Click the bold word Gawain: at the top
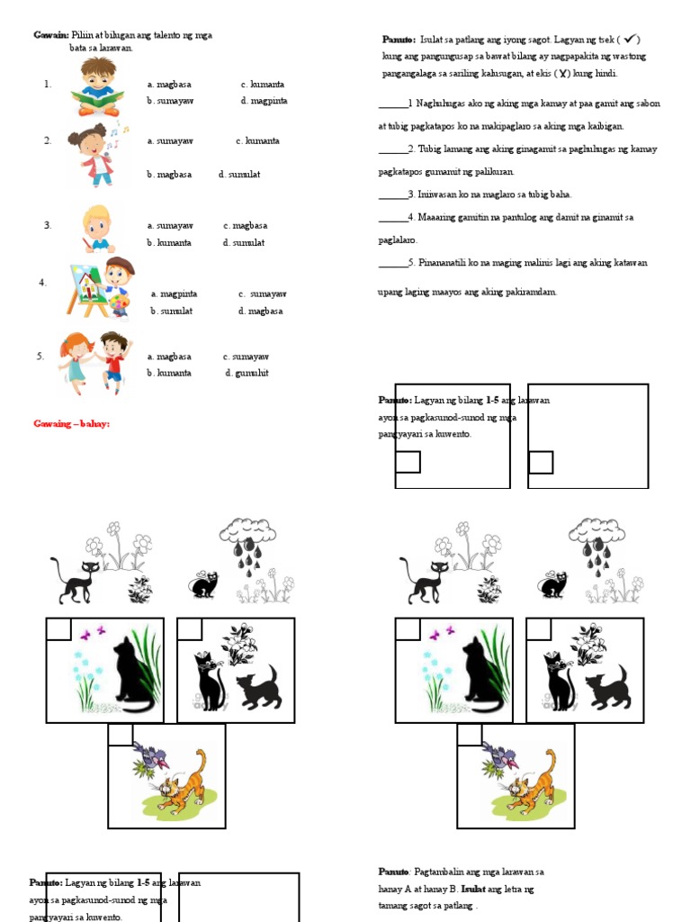[x=51, y=35]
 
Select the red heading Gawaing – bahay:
[x=71, y=423]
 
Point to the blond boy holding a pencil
[x=96, y=229]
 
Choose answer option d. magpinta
[x=264, y=101]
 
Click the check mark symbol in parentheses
[x=630, y=40]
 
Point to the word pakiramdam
[x=532, y=292]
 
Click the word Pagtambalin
[x=444, y=872]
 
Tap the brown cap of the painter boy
[x=120, y=265]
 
